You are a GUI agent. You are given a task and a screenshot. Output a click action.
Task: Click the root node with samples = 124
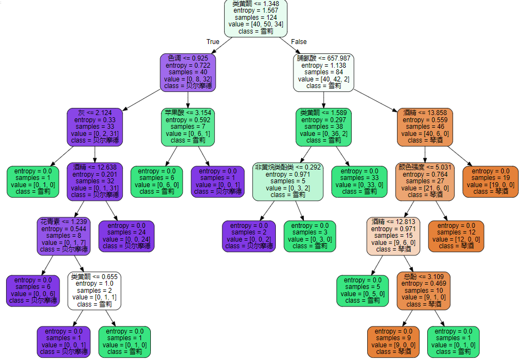pyautogui.click(x=256, y=18)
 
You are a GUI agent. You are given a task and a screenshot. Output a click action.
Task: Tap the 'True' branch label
pyautogui.click(x=213, y=42)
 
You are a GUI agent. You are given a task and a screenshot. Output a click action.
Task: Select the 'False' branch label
pyautogui.click(x=299, y=42)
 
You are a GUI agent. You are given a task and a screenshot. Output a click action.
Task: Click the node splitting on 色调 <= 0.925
pyautogui.click(x=187, y=72)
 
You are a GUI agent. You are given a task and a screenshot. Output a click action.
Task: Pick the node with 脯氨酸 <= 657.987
pyautogui.click(x=323, y=72)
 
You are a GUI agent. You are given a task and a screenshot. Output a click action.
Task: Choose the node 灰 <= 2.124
pyautogui.click(x=94, y=127)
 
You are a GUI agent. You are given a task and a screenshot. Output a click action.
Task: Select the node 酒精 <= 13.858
pyautogui.click(x=424, y=127)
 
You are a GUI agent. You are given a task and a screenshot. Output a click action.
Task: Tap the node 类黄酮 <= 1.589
pyautogui.click(x=323, y=127)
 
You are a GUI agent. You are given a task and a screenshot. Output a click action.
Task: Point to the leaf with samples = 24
pyautogui.click(x=126, y=236)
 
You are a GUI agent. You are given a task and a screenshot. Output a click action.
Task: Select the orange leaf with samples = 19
pyautogui.click(x=490, y=182)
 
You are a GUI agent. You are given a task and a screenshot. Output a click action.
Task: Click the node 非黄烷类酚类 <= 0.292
pyautogui.click(x=287, y=182)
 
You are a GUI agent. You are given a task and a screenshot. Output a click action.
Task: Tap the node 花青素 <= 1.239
pyautogui.click(x=64, y=236)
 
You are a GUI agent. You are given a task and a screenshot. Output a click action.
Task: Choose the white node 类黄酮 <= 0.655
pyautogui.click(x=94, y=290)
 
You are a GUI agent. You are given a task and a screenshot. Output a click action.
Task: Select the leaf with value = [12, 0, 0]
pyautogui.click(x=455, y=236)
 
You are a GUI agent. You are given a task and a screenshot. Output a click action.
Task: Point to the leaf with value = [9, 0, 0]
pyautogui.click(x=393, y=341)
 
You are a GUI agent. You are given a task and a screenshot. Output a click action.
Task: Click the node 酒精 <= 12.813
pyautogui.click(x=393, y=236)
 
